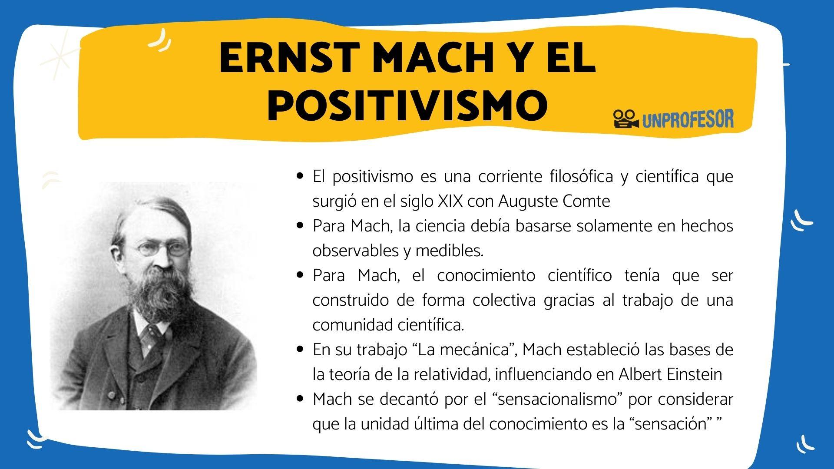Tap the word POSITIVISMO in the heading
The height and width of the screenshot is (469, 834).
pyautogui.click(x=407, y=106)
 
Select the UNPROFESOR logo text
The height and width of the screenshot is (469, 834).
pyautogui.click(x=688, y=119)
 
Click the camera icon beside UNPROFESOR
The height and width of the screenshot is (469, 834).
pyautogui.click(x=625, y=119)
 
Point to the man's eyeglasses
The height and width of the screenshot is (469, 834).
pyautogui.click(x=162, y=249)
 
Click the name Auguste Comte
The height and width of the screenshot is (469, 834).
pyautogui.click(x=554, y=201)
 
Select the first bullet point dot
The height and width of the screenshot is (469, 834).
pyautogui.click(x=299, y=176)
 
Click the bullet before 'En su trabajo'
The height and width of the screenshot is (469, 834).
pyautogui.click(x=299, y=350)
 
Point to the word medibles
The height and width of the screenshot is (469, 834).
pyautogui.click(x=449, y=251)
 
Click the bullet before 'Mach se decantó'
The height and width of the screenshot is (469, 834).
pyautogui.click(x=299, y=399)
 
